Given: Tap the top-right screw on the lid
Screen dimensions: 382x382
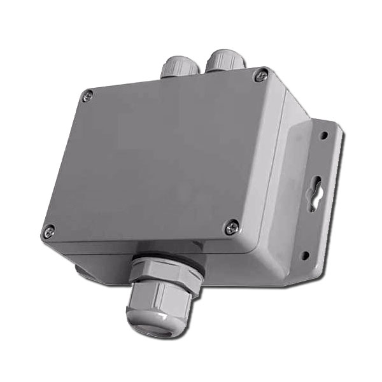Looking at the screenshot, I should (x=259, y=76).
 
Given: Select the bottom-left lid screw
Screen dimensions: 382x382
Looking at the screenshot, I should (x=49, y=232).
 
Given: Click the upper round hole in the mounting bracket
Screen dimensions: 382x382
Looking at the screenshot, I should (x=325, y=136).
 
